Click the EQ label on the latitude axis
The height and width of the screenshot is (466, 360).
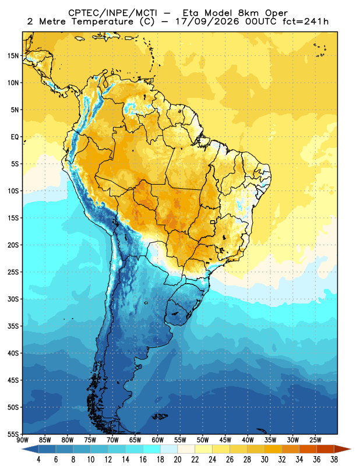[15, 137]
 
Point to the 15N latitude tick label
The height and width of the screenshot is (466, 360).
[13, 55]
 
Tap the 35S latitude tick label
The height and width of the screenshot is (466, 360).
[13, 326]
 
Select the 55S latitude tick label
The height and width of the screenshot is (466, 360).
[13, 434]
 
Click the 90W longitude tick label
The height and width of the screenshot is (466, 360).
[22, 440]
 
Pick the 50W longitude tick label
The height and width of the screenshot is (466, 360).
[203, 440]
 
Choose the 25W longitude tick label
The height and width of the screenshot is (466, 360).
[315, 440]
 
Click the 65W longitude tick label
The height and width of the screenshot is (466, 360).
[135, 440]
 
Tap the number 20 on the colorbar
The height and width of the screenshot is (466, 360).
[178, 460]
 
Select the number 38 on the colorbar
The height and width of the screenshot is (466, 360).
[334, 460]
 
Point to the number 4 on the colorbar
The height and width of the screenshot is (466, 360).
[38, 460]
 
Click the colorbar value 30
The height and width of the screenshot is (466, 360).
[264, 460]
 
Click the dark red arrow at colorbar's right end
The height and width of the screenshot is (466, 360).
[342, 449]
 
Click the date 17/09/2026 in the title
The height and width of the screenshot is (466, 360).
[207, 22]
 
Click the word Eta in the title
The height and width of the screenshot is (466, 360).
[192, 13]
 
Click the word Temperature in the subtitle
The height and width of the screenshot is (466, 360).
[102, 22]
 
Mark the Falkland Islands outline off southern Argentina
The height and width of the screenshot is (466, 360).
[160, 416]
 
